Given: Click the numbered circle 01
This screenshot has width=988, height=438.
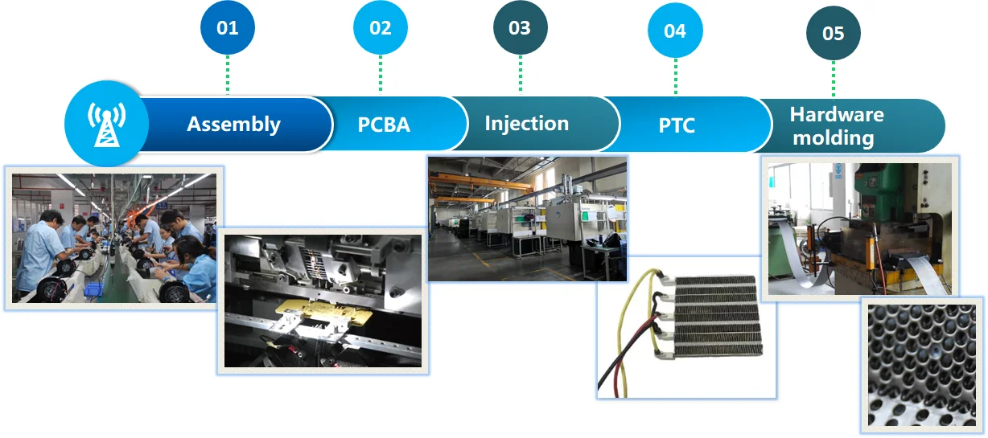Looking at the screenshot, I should click(228, 28).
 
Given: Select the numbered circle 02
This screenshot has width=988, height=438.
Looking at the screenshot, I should click(381, 28).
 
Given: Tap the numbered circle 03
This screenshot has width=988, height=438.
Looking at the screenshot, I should click(520, 28).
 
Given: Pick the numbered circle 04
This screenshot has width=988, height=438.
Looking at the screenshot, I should click(675, 31).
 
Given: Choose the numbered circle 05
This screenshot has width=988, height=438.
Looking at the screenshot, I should click(834, 33).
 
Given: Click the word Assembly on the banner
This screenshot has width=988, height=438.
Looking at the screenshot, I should click(233, 125).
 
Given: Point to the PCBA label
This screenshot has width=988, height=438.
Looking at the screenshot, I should click(384, 125).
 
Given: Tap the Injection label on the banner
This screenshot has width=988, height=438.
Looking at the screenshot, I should click(526, 124).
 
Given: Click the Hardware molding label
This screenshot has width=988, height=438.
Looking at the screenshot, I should click(836, 126).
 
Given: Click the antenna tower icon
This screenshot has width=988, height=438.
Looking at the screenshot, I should click(106, 125).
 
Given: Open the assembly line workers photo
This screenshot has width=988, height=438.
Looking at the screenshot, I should click(113, 237).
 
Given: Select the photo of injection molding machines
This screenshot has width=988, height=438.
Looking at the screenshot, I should click(527, 218).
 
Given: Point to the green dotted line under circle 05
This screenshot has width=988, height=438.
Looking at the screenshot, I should click(834, 79).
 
